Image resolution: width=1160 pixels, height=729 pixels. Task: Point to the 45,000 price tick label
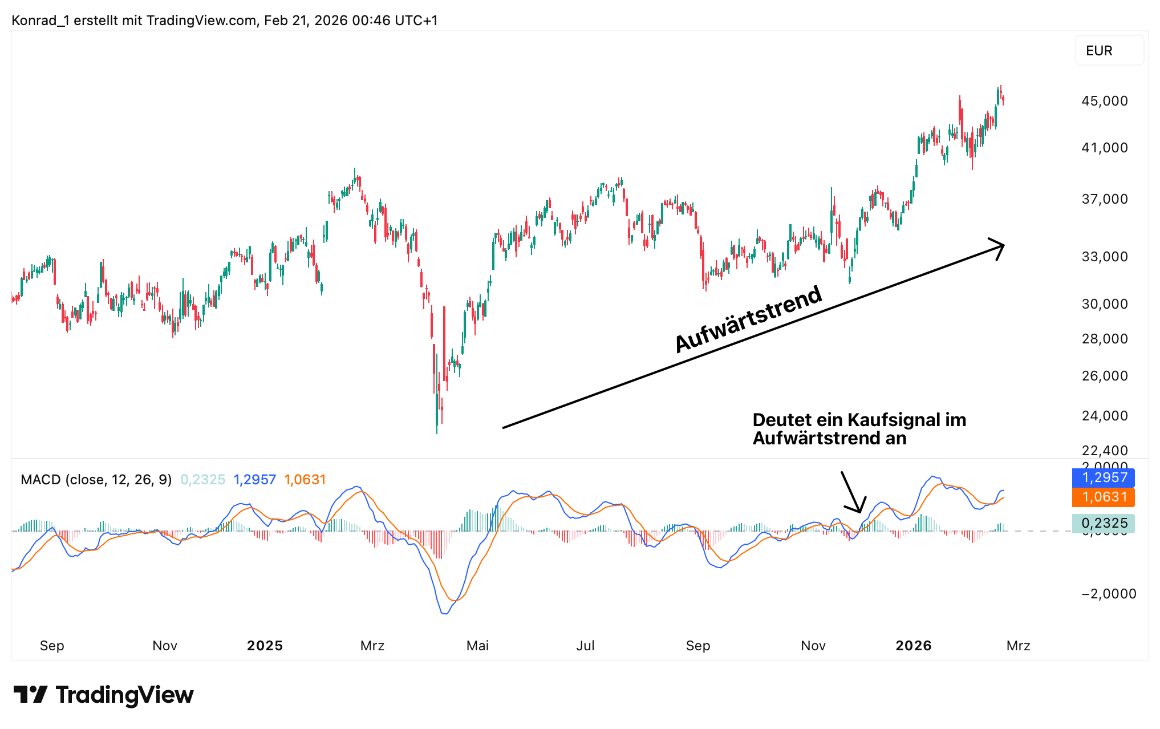coord(1104,101)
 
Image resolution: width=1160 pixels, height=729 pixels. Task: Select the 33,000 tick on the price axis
coord(1104,257)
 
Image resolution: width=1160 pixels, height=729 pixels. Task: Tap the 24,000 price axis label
coord(1104,416)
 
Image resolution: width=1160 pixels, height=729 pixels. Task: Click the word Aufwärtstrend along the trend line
coord(748,319)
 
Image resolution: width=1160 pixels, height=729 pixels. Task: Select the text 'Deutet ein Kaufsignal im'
coord(859,420)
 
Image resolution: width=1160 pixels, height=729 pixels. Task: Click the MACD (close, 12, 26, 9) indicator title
coord(96,480)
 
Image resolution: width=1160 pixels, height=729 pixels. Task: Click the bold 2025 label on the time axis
coord(265,646)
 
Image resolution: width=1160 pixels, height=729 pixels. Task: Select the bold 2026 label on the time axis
coord(913,646)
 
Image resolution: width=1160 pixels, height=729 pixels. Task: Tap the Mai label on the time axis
coord(477,646)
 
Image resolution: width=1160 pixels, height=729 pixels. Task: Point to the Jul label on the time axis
coord(585,646)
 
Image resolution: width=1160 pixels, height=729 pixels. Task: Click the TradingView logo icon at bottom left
coord(31,695)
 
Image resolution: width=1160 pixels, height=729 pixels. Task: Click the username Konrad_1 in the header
coord(40,21)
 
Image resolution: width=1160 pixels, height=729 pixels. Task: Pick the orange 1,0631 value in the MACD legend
coord(305,480)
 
